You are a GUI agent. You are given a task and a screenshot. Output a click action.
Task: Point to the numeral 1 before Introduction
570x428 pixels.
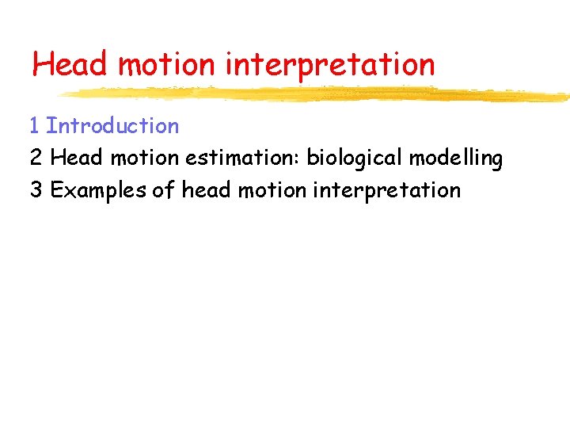click(34, 126)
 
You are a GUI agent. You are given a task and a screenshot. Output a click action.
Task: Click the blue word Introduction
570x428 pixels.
click(112, 126)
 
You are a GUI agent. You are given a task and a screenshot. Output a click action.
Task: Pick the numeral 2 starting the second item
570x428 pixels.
click(36, 159)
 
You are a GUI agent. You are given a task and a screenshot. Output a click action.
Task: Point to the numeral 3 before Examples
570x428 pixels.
click(36, 191)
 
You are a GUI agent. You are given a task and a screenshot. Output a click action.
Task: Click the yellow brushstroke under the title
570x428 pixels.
click(317, 95)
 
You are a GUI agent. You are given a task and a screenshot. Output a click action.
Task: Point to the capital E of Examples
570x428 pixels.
click(56, 191)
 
